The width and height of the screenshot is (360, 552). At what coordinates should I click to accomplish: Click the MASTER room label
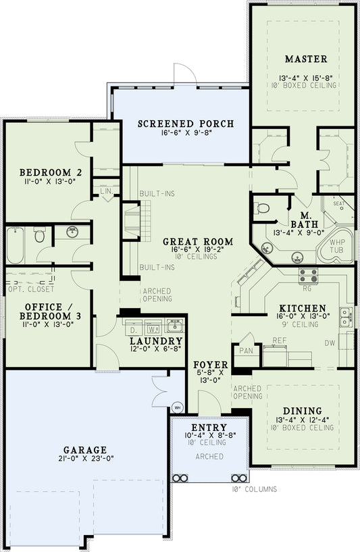[x=305, y=59]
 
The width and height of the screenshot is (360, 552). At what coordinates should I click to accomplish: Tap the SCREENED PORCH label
[x=186, y=124]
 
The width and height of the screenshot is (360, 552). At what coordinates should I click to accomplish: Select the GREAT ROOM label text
[x=198, y=241]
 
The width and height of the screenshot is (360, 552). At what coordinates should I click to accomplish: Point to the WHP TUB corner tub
[x=336, y=247]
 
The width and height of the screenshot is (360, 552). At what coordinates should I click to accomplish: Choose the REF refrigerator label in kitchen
[x=279, y=341]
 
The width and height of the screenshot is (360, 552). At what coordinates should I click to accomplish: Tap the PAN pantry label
[x=245, y=351]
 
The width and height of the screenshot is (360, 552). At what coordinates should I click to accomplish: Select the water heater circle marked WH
[x=178, y=407]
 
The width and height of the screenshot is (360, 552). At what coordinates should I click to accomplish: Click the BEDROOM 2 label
[x=41, y=171]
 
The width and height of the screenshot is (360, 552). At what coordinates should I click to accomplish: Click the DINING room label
[x=303, y=411]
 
